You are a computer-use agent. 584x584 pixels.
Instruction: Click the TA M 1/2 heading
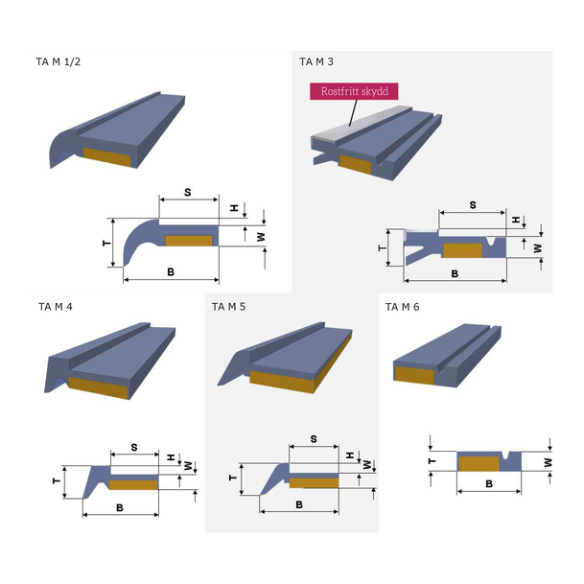(x=58, y=61)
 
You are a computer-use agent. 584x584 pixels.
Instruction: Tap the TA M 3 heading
(x=316, y=61)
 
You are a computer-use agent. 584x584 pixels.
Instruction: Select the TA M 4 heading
(x=55, y=307)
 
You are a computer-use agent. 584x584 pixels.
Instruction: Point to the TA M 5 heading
(x=228, y=307)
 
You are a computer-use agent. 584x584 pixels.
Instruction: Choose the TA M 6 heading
(x=402, y=307)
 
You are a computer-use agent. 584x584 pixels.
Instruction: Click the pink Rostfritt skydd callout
(x=354, y=91)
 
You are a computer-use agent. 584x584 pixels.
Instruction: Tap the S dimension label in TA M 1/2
(x=188, y=192)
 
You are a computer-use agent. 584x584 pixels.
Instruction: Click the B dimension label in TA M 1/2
(x=171, y=272)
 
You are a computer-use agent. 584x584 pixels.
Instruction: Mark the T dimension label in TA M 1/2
(x=106, y=244)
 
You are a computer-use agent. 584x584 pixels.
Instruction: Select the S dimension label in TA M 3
(x=473, y=205)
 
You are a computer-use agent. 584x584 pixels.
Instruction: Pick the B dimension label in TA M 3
(x=455, y=273)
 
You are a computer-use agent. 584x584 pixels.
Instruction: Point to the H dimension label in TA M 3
(x=516, y=220)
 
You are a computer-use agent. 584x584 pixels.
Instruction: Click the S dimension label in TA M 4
(x=134, y=447)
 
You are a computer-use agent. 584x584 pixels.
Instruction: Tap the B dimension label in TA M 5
(x=299, y=504)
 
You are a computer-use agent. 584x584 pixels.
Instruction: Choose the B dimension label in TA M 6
(x=489, y=483)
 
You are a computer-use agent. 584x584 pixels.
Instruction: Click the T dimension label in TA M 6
(x=432, y=461)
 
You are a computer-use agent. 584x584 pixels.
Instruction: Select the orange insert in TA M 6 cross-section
(x=479, y=464)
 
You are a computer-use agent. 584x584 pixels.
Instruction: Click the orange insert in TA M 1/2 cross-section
(x=189, y=241)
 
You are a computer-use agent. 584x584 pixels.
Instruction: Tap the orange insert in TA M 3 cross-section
(x=462, y=250)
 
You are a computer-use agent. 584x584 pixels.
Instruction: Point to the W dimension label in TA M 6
(x=548, y=462)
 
